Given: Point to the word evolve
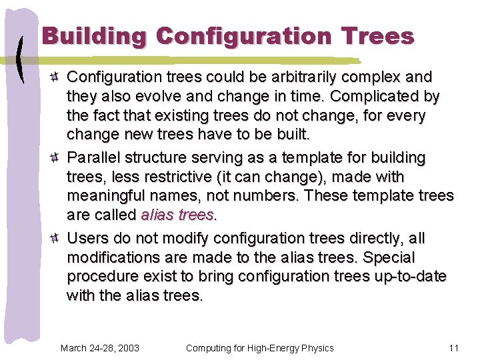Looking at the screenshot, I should coord(165,97).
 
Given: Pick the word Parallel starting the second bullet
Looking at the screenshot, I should coord(94,158).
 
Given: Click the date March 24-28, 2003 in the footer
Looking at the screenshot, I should coord(99,348).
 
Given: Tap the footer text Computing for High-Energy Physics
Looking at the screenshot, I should coord(259,348).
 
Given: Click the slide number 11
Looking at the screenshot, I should coord(454,348).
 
